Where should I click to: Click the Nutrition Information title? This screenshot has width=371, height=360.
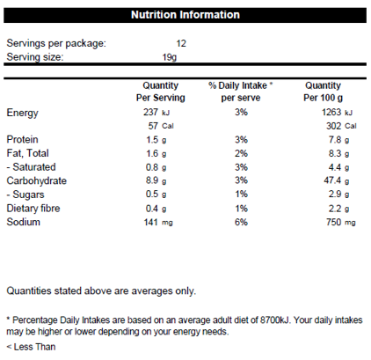[185, 15]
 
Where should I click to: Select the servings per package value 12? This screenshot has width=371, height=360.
[181, 43]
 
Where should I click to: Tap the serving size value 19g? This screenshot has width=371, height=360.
[170, 57]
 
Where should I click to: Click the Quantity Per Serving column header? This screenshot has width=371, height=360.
[161, 92]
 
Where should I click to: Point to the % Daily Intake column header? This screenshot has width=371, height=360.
[241, 92]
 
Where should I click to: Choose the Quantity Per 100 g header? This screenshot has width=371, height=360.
[323, 92]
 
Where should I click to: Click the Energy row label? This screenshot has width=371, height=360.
[22, 113]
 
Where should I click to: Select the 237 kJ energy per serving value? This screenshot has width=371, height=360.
[156, 112]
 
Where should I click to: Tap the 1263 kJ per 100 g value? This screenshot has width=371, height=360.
[337, 112]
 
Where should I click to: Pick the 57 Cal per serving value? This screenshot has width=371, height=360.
[161, 126]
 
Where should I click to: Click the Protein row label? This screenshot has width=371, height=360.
[22, 139]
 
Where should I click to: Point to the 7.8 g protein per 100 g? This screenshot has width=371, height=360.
[338, 140]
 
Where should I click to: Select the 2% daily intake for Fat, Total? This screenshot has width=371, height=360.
[241, 153]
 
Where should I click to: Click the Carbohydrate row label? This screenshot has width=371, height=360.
[37, 180]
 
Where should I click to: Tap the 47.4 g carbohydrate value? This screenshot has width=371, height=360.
[337, 180]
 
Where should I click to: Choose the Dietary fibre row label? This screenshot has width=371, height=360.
[33, 209]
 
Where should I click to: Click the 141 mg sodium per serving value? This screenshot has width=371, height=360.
[158, 222]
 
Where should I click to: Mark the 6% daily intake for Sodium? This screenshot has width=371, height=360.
[241, 222]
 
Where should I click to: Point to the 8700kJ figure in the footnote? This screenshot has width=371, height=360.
[274, 320]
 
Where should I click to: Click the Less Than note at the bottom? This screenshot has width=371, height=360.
[31, 347]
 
